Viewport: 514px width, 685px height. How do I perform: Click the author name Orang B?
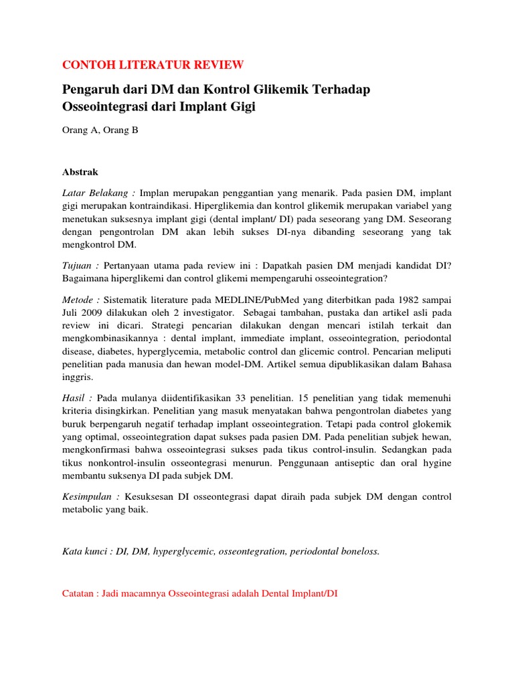124,130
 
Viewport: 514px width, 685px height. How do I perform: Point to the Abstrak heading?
80,171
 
